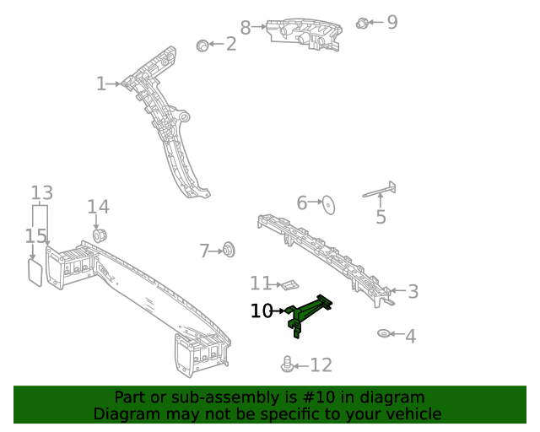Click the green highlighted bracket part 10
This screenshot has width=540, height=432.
[x=309, y=313]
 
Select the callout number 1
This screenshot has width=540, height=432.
[x=101, y=84]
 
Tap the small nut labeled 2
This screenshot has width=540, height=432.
[x=202, y=45]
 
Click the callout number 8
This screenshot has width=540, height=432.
[x=246, y=28]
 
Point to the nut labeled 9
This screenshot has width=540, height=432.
[x=362, y=23]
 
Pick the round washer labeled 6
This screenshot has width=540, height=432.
[x=330, y=202]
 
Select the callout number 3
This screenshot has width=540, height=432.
[x=413, y=292]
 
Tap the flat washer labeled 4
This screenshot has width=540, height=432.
[x=384, y=335]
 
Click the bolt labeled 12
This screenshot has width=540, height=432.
[x=288, y=364]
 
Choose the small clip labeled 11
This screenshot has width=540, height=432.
[x=289, y=284]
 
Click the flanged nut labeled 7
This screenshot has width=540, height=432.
[x=228, y=250]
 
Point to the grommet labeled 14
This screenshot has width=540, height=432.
[x=99, y=234]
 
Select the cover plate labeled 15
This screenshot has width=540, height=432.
[x=35, y=272]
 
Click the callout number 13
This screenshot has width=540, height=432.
[x=42, y=193]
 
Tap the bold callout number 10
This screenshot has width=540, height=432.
[x=262, y=311]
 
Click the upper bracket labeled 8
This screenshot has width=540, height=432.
[x=305, y=35]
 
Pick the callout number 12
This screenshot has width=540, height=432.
[x=321, y=365]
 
